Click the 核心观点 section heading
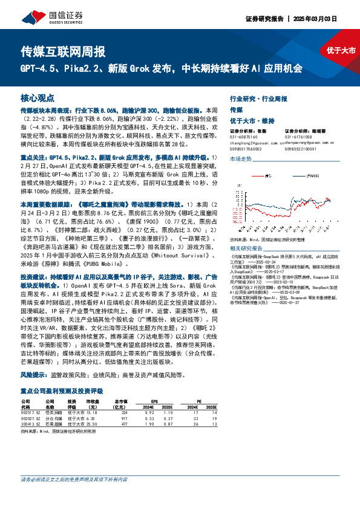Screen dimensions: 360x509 (x=38, y=97)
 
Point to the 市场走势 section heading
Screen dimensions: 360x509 (x=240, y=158)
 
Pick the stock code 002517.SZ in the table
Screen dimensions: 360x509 (x=31, y=413)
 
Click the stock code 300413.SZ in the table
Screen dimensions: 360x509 (x=31, y=424)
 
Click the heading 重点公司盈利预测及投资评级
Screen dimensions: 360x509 (x=58, y=391)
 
